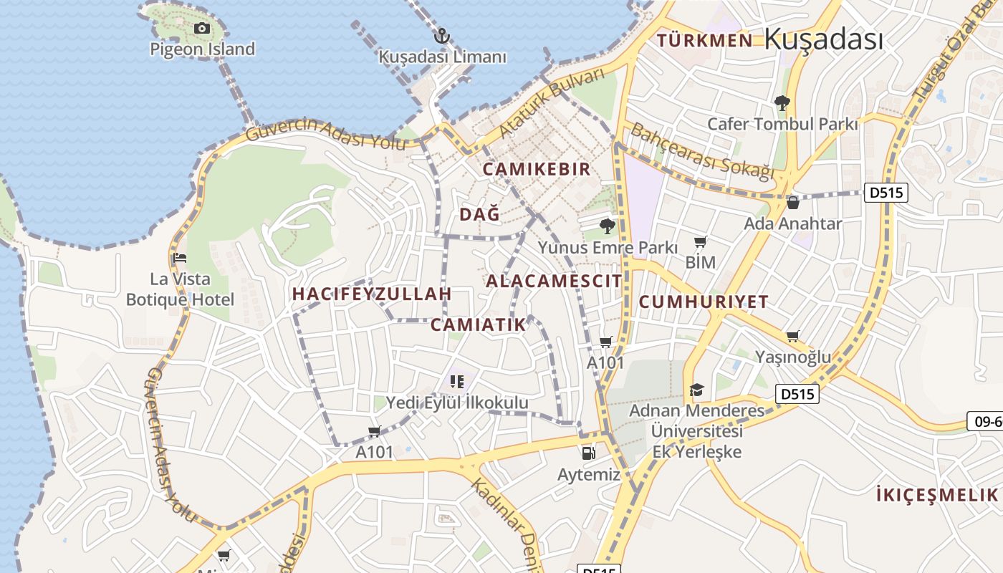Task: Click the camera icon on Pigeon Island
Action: click(202, 29)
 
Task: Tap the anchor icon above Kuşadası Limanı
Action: click(442, 35)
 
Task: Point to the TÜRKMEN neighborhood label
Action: click(705, 40)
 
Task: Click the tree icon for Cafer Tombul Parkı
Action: click(782, 103)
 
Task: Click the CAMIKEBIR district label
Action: click(537, 169)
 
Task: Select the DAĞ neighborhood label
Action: click(479, 214)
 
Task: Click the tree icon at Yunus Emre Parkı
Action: click(608, 227)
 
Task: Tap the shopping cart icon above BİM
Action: click(700, 242)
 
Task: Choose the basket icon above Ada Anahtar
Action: click(792, 203)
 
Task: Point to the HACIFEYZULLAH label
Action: click(372, 294)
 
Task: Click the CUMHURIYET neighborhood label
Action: click(703, 302)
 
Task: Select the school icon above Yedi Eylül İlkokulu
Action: click(457, 382)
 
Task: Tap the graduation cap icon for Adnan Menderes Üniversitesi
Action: click(696, 390)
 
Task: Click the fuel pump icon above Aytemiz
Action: click(588, 453)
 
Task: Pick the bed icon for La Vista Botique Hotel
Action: click(180, 258)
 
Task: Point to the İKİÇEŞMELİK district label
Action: click(936, 494)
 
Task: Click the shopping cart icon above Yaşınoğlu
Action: click(792, 337)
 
